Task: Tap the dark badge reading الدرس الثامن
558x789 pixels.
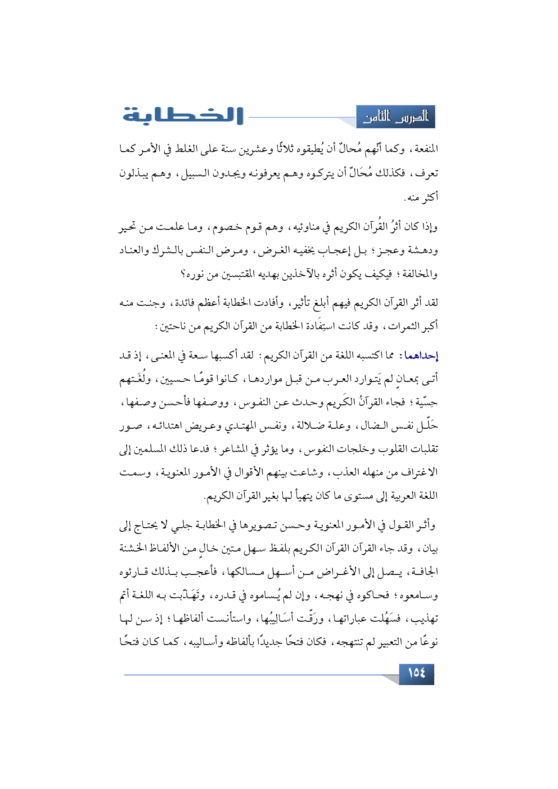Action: (x=396, y=117)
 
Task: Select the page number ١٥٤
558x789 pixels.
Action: (x=416, y=673)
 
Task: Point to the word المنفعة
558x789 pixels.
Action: (x=425, y=149)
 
